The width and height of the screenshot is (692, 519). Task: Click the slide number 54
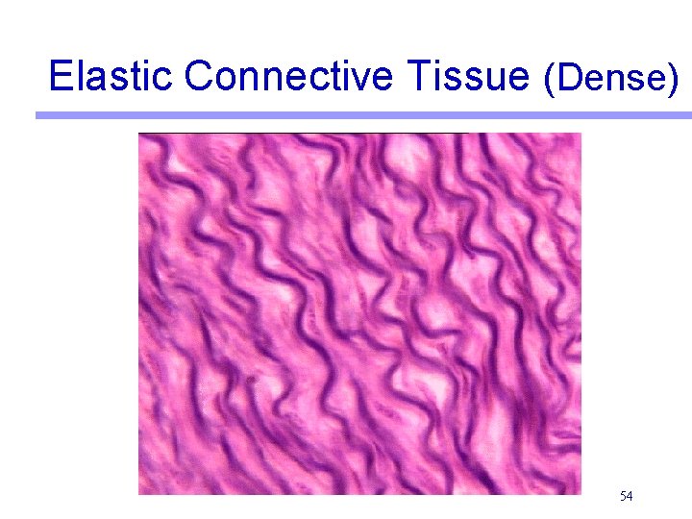[x=626, y=496]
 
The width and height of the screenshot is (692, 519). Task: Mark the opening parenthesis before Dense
[x=549, y=80]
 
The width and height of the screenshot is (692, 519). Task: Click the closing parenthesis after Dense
[x=671, y=80]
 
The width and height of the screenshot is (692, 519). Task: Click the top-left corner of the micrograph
[x=139, y=134]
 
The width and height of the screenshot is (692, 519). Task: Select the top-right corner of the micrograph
[x=581, y=134]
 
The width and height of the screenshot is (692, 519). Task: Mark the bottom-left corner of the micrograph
[x=139, y=493]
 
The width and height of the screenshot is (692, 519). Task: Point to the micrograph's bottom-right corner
[x=581, y=493]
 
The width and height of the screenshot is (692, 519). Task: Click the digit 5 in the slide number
[x=623, y=496]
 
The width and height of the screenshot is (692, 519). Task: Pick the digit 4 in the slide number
[x=629, y=496]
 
